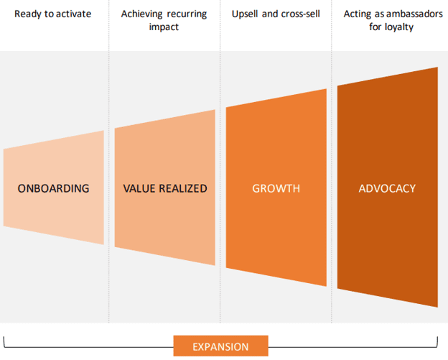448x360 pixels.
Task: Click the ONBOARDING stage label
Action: (x=53, y=188)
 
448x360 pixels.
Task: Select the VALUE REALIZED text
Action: (x=164, y=188)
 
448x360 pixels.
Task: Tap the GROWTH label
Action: (x=276, y=188)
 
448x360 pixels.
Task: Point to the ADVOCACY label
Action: (x=387, y=188)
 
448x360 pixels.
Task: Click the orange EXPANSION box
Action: (x=220, y=346)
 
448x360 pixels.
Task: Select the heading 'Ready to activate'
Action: (x=53, y=14)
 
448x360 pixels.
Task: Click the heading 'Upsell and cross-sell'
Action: (x=276, y=14)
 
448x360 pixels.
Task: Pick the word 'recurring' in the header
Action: (x=188, y=14)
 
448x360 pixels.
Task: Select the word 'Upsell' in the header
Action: (x=246, y=14)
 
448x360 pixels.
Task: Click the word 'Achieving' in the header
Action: (x=141, y=14)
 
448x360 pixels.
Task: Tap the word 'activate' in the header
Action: (x=74, y=14)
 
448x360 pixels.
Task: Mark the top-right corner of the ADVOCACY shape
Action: (x=437, y=68)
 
